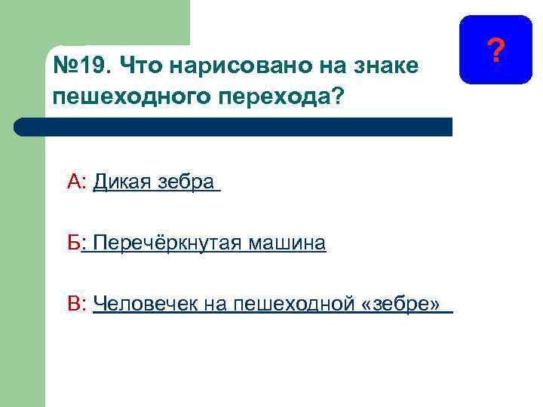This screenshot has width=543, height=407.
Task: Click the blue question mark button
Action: point(495,49)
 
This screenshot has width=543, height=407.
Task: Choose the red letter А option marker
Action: point(75,182)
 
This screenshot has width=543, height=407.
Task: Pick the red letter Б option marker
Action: point(74,243)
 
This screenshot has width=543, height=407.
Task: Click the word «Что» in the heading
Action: point(137,66)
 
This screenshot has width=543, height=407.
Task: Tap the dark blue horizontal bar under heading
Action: point(234,126)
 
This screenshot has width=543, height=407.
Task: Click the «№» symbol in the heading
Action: point(66,66)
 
